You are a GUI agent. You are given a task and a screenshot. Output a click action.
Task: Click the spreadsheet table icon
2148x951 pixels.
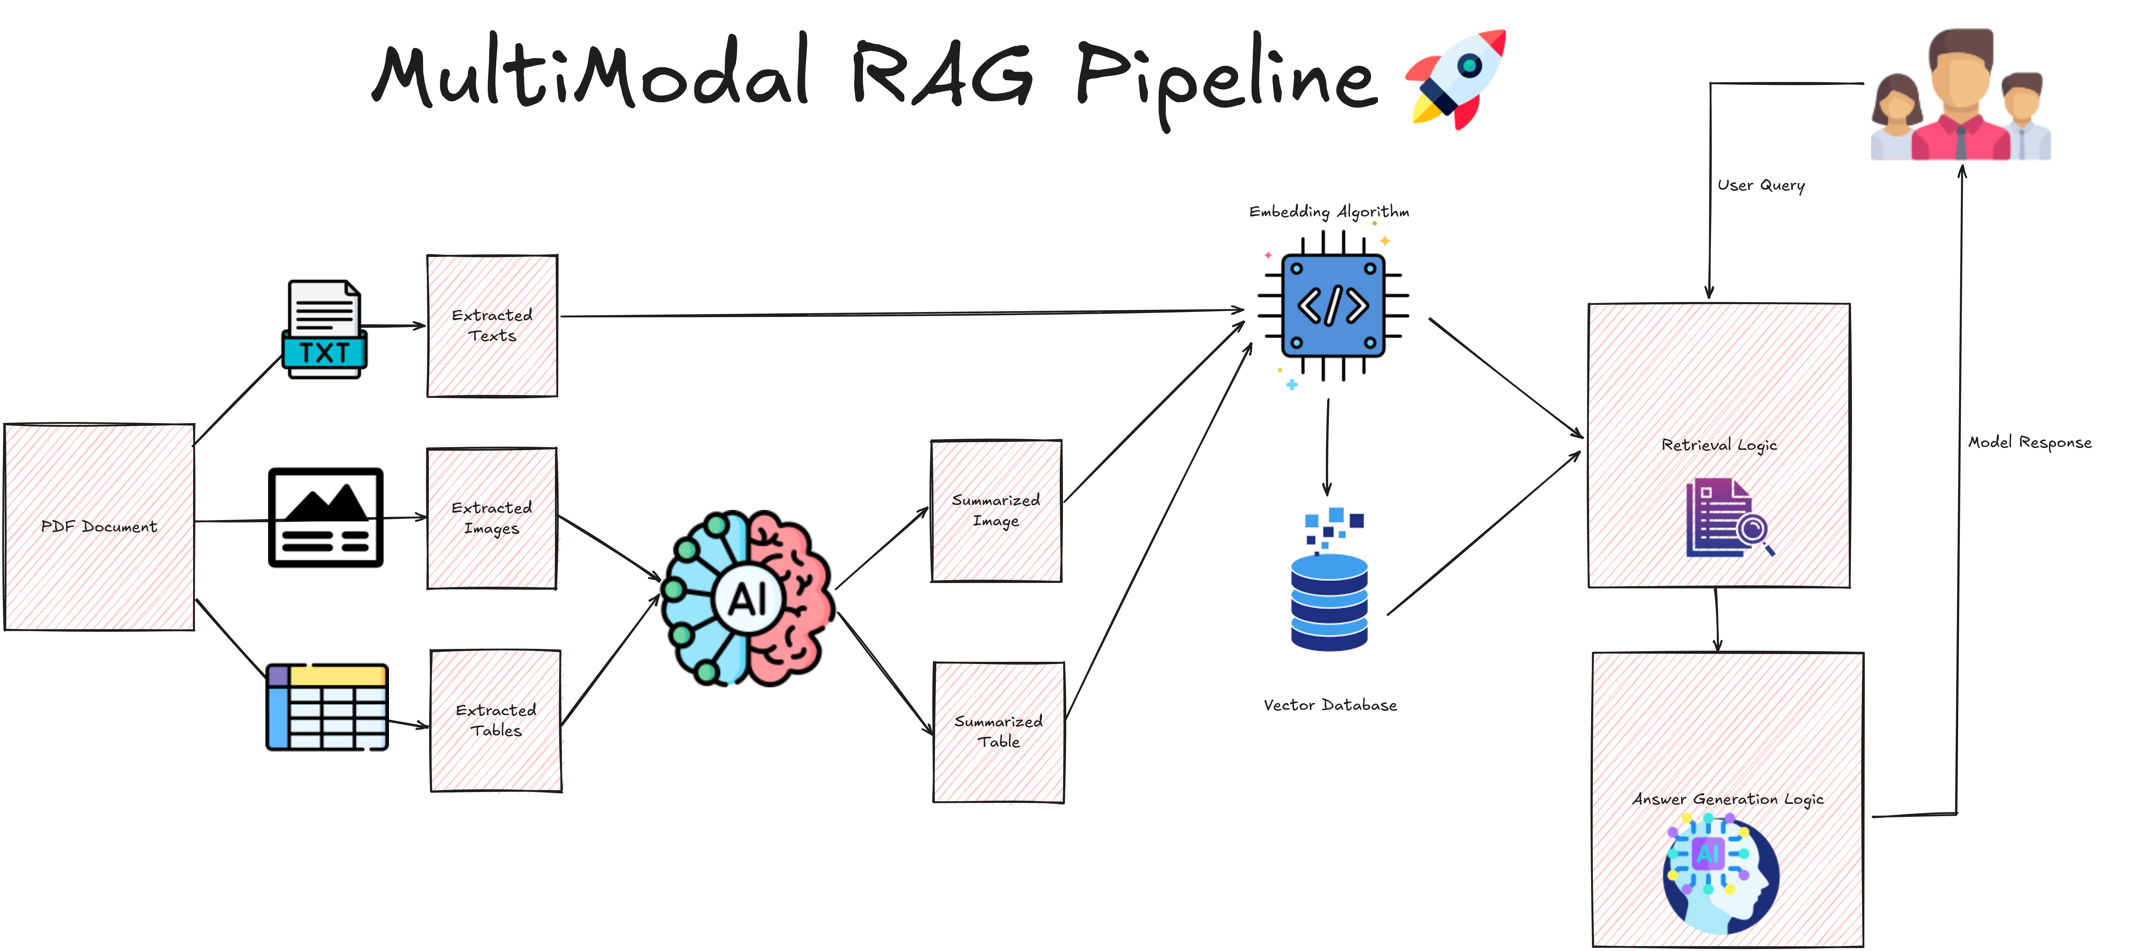327,707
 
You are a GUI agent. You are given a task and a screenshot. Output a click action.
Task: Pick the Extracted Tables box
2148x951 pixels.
496,720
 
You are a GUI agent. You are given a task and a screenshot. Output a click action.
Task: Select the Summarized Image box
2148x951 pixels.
996,510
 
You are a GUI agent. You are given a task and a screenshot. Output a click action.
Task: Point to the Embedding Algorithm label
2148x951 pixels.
1329,212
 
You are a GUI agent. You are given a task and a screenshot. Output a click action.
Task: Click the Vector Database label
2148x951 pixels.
1330,705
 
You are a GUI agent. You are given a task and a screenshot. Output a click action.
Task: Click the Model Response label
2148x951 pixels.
2030,443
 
